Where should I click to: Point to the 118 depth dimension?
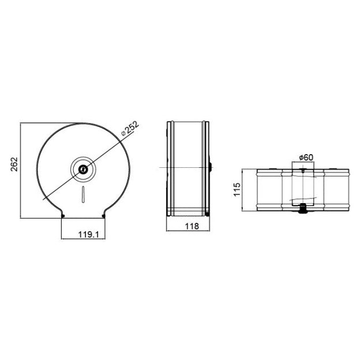pos(187,227)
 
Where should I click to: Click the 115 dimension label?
pos(237,191)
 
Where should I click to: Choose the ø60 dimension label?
pos(306,157)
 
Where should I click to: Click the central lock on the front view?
pos(83,169)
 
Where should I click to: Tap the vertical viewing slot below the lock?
pos(83,195)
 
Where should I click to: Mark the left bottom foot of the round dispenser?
pos(62,216)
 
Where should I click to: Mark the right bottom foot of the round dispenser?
pos(104,216)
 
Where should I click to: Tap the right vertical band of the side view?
pos(204,168)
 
